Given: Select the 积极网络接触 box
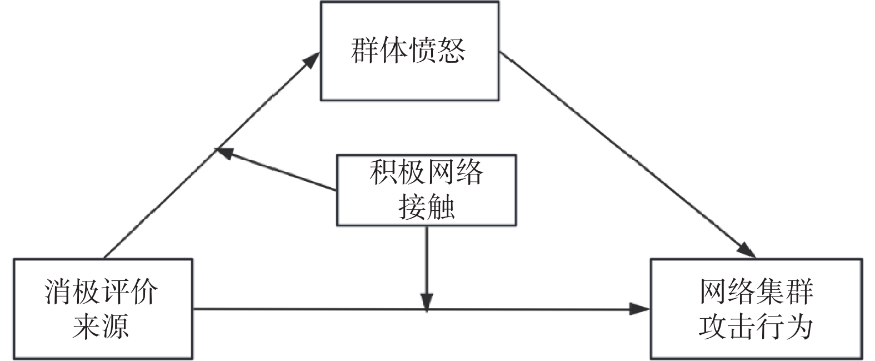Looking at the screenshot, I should [426, 190].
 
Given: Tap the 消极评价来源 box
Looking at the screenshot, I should [103, 309].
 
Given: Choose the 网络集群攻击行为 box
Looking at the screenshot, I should [756, 309].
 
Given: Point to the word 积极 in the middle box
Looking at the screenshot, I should [398, 172].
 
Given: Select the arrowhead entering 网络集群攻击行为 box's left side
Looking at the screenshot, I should [639, 309].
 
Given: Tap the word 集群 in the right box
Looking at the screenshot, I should [784, 292].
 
